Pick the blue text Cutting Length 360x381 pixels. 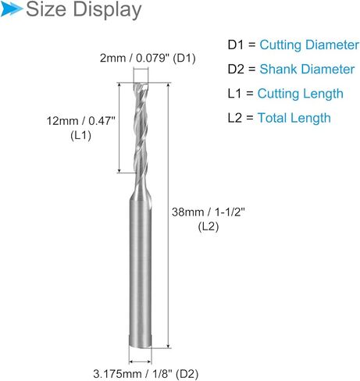pyautogui.click(x=301, y=94)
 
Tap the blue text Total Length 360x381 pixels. pyautogui.click(x=295, y=118)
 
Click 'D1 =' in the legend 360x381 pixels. pyautogui.click(x=241, y=45)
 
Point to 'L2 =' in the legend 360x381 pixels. pyautogui.click(x=241, y=118)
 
